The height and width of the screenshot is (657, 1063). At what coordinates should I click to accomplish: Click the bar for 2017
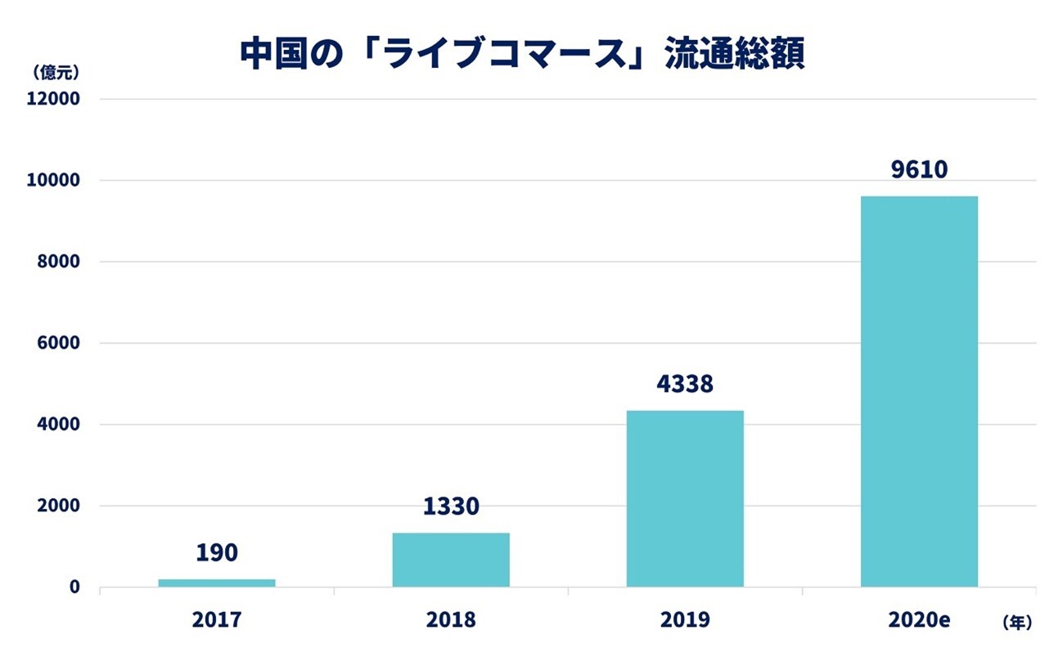click(217, 583)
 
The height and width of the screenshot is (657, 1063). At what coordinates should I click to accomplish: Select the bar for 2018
click(451, 560)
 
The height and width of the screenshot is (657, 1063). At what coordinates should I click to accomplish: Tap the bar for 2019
click(685, 498)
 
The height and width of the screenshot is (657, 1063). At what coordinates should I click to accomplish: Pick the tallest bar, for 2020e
click(919, 391)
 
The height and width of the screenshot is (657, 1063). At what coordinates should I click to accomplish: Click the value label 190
click(217, 552)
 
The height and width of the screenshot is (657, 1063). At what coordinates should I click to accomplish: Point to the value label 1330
click(451, 506)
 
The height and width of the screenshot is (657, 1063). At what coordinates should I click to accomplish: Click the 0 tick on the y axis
click(74, 587)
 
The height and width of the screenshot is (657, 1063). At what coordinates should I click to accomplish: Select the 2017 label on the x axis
click(217, 620)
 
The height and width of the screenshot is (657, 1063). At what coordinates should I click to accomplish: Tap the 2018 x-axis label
click(451, 620)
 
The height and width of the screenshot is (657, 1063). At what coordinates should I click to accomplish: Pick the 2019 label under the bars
click(685, 620)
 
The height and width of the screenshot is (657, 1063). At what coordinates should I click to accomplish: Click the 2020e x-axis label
click(919, 620)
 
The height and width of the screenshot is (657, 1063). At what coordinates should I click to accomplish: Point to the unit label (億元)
click(56, 72)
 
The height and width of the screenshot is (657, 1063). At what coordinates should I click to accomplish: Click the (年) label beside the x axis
click(1017, 623)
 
